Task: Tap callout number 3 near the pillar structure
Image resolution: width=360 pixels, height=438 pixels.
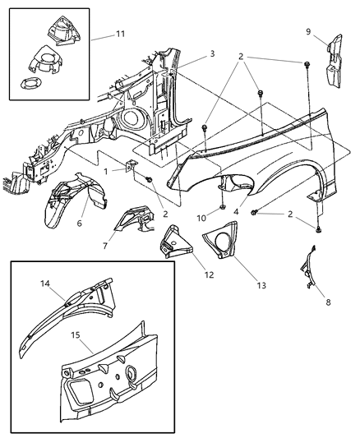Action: tap(211, 53)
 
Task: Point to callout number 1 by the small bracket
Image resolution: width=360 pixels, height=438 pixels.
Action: tap(105, 171)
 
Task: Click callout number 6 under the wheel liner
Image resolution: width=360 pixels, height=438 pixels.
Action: tap(79, 224)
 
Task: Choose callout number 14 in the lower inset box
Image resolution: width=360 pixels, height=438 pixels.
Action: tap(44, 283)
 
